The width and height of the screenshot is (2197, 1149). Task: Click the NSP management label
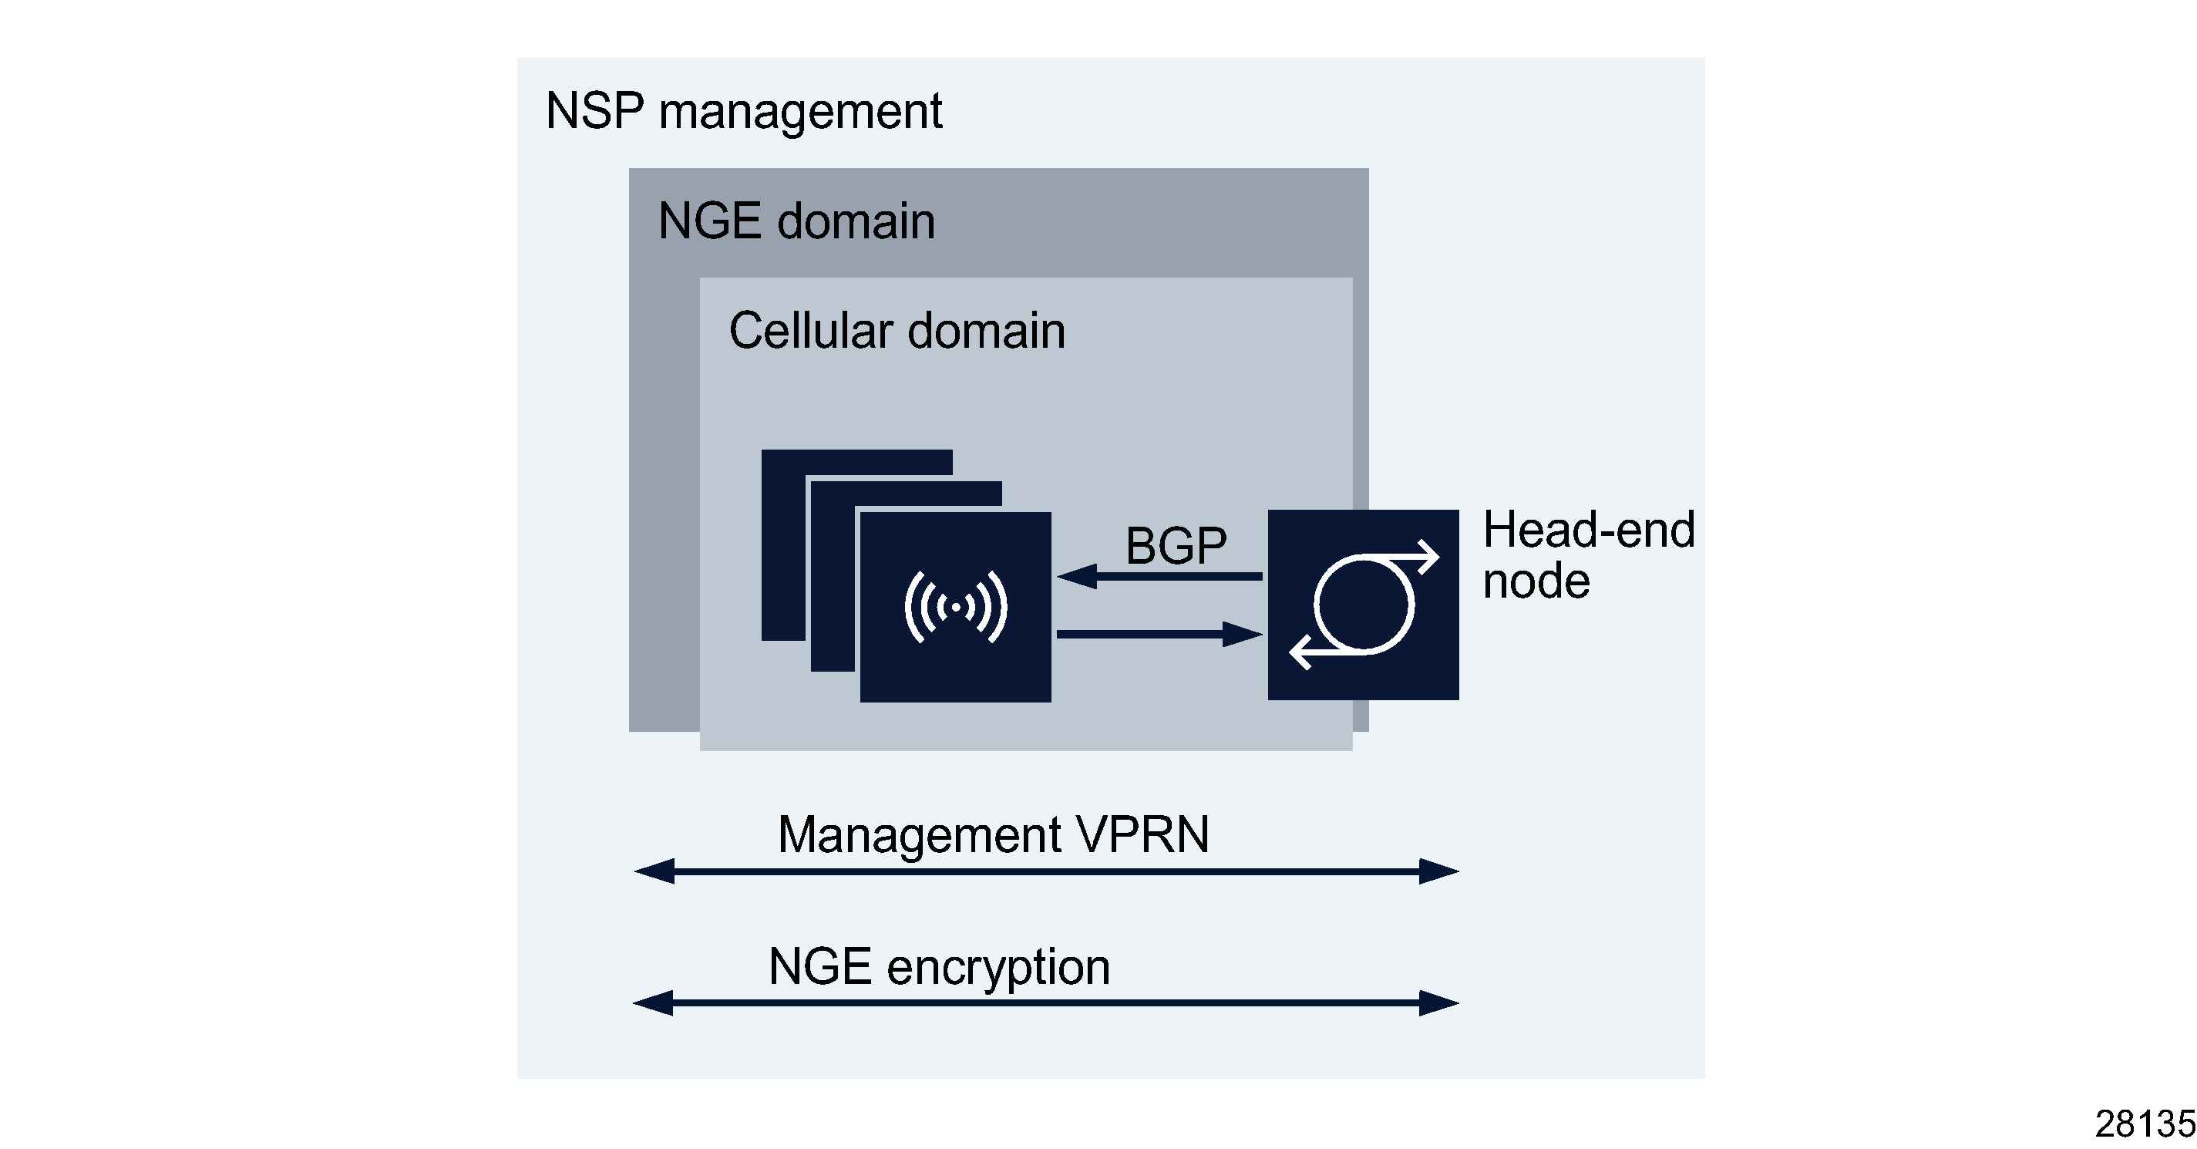(743, 112)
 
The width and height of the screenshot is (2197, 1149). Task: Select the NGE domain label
(796, 222)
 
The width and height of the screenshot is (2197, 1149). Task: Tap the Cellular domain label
(897, 331)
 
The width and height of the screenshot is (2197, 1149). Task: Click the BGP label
(1176, 546)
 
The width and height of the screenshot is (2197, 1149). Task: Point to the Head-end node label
(1587, 554)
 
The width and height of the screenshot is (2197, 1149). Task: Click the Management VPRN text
(993, 834)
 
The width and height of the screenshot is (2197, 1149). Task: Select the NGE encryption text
(938, 967)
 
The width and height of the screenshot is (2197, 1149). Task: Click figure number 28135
(2144, 1124)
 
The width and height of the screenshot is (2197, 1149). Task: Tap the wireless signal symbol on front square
(955, 608)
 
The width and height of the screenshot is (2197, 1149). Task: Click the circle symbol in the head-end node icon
(1363, 605)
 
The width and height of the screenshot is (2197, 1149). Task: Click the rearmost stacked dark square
(783, 546)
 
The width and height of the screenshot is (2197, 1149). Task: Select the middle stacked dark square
(833, 580)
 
